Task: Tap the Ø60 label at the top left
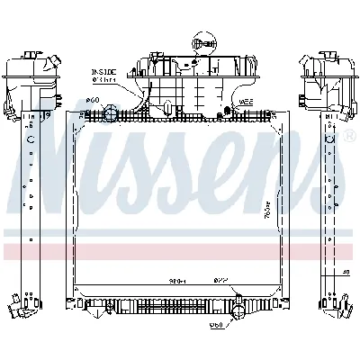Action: click(x=91, y=101)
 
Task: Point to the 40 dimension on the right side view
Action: click(x=345, y=272)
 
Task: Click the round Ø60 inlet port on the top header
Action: click(x=111, y=113)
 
